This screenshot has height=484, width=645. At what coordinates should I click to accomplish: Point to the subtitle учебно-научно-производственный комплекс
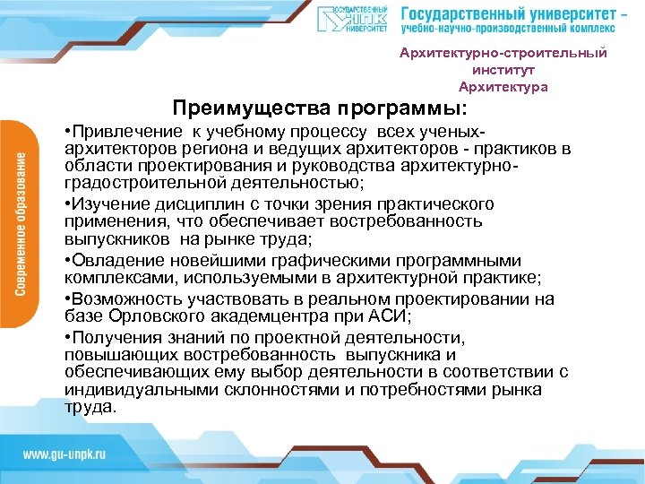coord(508,31)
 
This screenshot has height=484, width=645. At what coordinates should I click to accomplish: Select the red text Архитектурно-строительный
coord(503,53)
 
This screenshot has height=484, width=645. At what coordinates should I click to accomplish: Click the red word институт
coord(503,70)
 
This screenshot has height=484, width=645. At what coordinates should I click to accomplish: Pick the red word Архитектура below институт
coord(503,87)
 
